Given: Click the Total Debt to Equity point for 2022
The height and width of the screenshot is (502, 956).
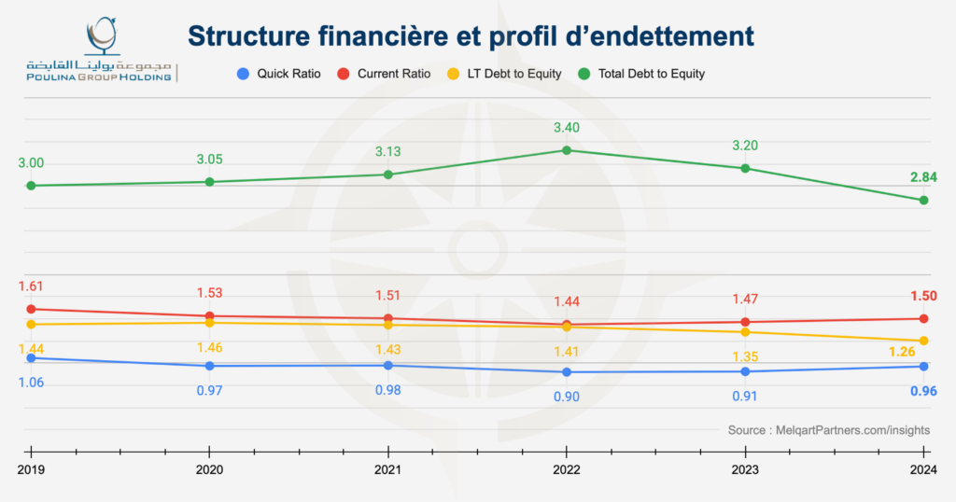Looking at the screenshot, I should coord(566,150).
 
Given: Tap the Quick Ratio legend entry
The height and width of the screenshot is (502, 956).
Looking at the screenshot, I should coord(279,73).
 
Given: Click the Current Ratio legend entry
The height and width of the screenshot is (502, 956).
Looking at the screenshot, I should coord(385,73).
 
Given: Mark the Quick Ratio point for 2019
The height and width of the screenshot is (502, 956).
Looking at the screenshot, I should coord(31,358).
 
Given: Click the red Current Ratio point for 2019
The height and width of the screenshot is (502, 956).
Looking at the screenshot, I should coord(31,309).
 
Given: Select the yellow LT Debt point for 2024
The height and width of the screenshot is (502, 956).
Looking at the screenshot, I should coord(923,341).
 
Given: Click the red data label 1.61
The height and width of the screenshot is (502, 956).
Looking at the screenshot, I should coord(32,286).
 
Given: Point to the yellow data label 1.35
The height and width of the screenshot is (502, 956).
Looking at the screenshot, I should coord(745,356).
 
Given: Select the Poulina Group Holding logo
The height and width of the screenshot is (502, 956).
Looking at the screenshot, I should coord(102,51).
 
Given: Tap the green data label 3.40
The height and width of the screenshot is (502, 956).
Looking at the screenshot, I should coord(566,128).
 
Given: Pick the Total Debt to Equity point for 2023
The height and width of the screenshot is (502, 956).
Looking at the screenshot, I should coord(745,168).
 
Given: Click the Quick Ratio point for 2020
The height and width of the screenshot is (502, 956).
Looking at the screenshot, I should coord(210,366).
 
